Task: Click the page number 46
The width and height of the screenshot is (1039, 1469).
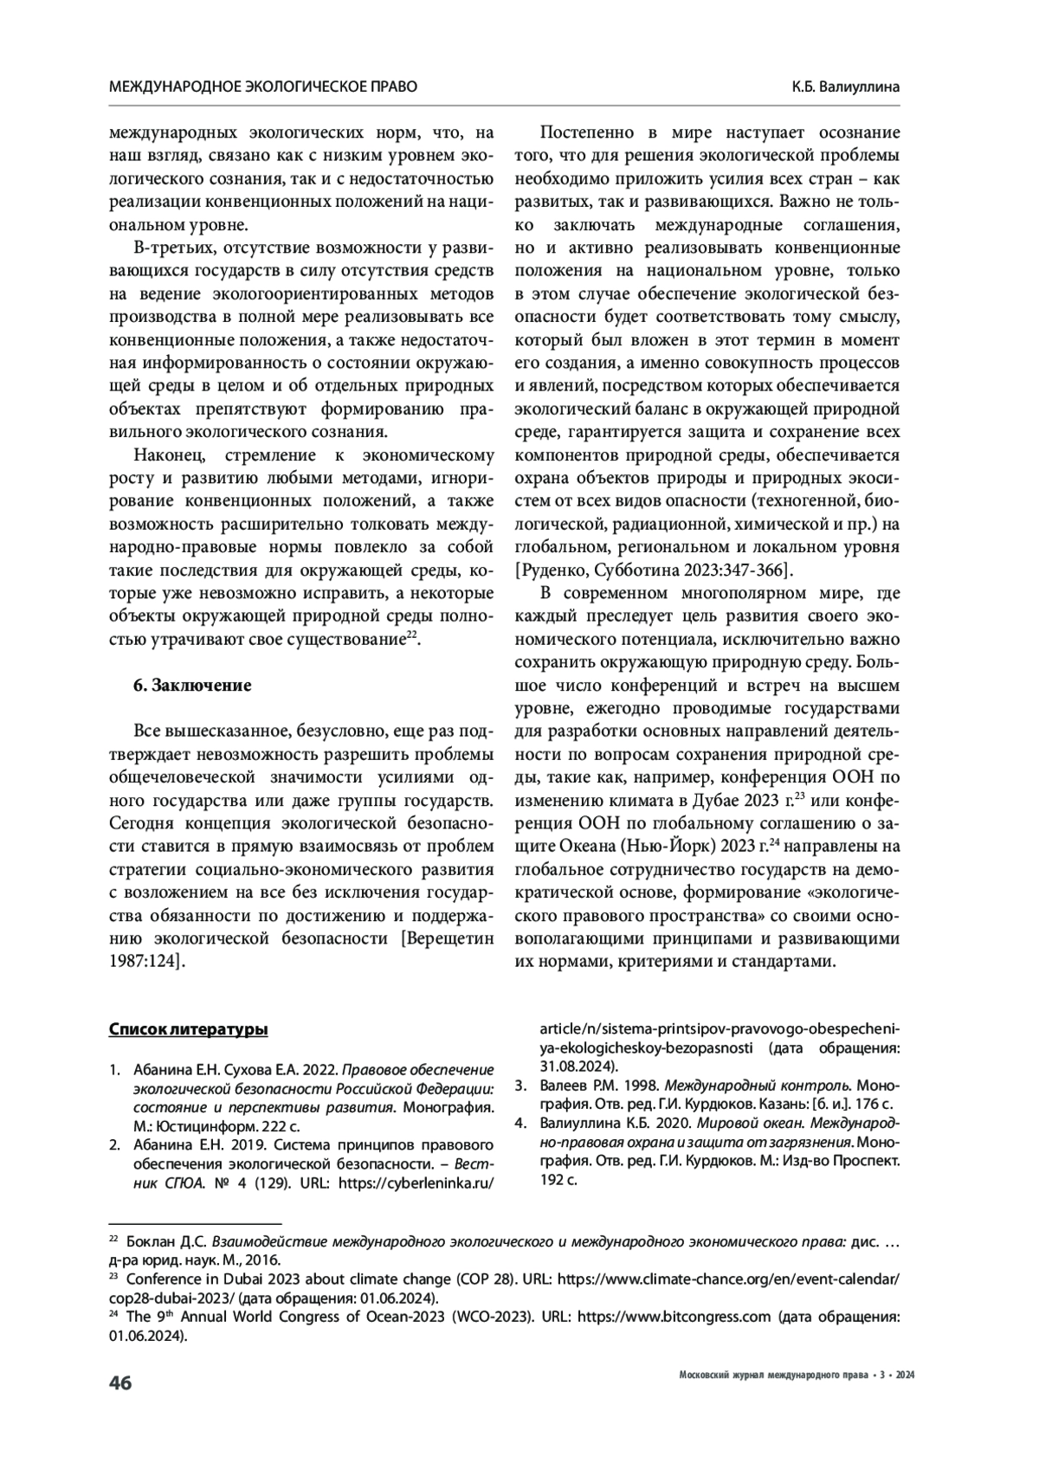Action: [119, 1382]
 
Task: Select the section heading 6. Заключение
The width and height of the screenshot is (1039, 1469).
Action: [192, 686]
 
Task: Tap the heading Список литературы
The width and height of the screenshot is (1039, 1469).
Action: [188, 1029]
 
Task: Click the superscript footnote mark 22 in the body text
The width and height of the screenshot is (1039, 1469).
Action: [412, 635]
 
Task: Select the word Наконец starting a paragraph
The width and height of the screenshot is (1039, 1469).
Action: [170, 455]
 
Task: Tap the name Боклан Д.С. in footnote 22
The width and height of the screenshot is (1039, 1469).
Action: [166, 1242]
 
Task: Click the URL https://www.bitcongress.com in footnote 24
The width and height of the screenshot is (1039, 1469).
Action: [673, 1317]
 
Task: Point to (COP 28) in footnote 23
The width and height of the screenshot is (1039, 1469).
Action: [482, 1279]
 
